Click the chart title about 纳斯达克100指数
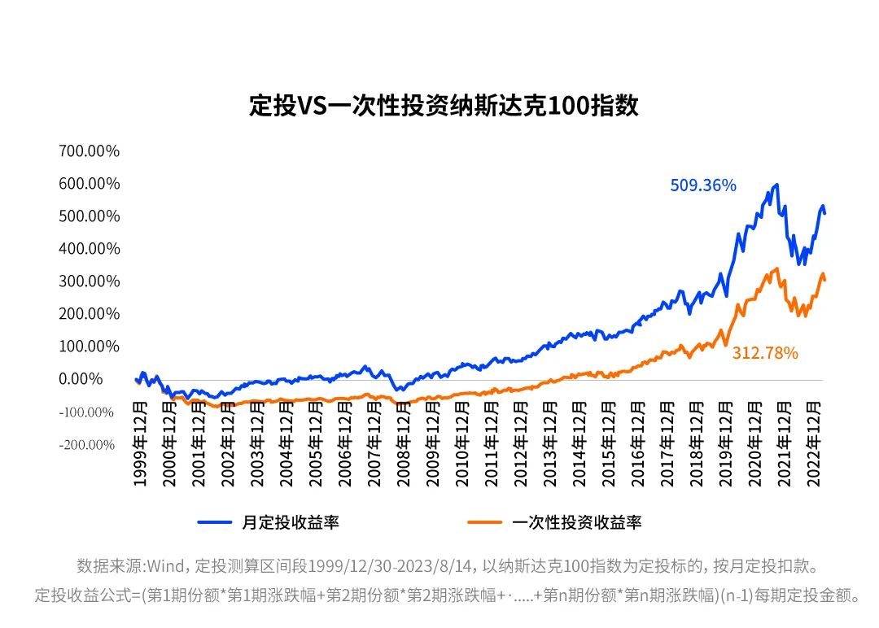coord(444,107)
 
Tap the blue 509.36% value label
coord(702,185)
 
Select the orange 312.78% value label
coord(764,353)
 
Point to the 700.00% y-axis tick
coord(89,150)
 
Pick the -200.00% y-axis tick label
coord(85,444)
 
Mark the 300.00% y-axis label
coord(89,281)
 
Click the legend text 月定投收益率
coord(290,522)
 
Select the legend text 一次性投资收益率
coord(576,522)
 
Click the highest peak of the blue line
coord(776,185)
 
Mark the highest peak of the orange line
coord(776,268)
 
